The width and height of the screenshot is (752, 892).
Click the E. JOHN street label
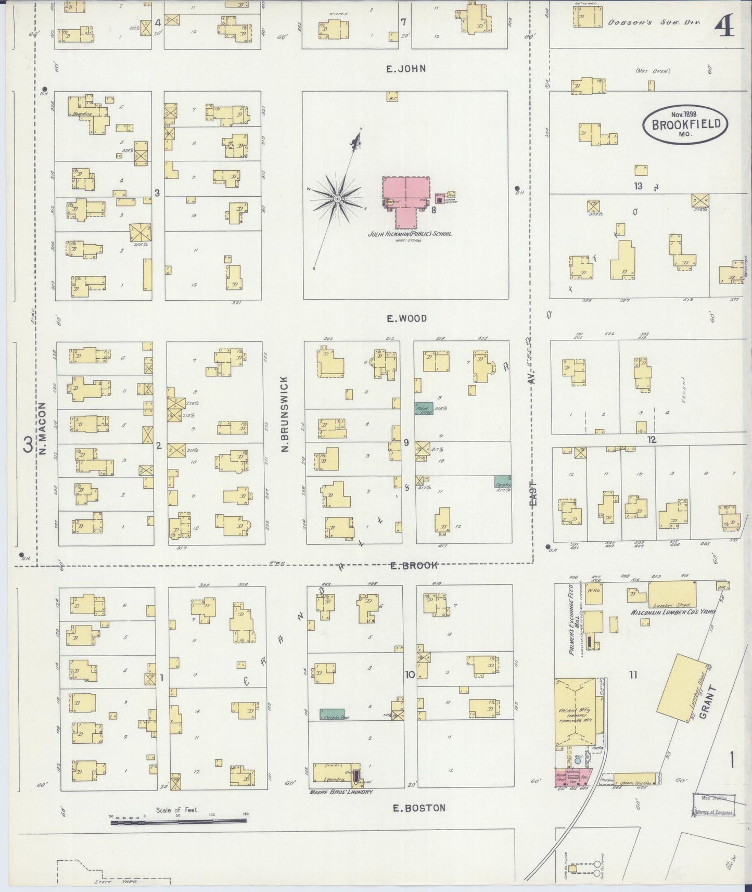pos(406,69)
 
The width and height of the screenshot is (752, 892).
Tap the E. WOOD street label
pos(406,318)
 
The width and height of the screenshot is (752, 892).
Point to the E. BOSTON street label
pos(419,808)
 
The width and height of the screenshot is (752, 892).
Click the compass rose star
pos(337,199)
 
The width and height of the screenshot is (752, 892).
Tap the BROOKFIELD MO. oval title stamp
pos(685,124)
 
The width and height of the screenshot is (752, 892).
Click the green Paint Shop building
pos(425,408)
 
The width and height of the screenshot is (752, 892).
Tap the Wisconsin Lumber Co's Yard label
pos(671,612)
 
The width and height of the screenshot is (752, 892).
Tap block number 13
pos(638,186)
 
